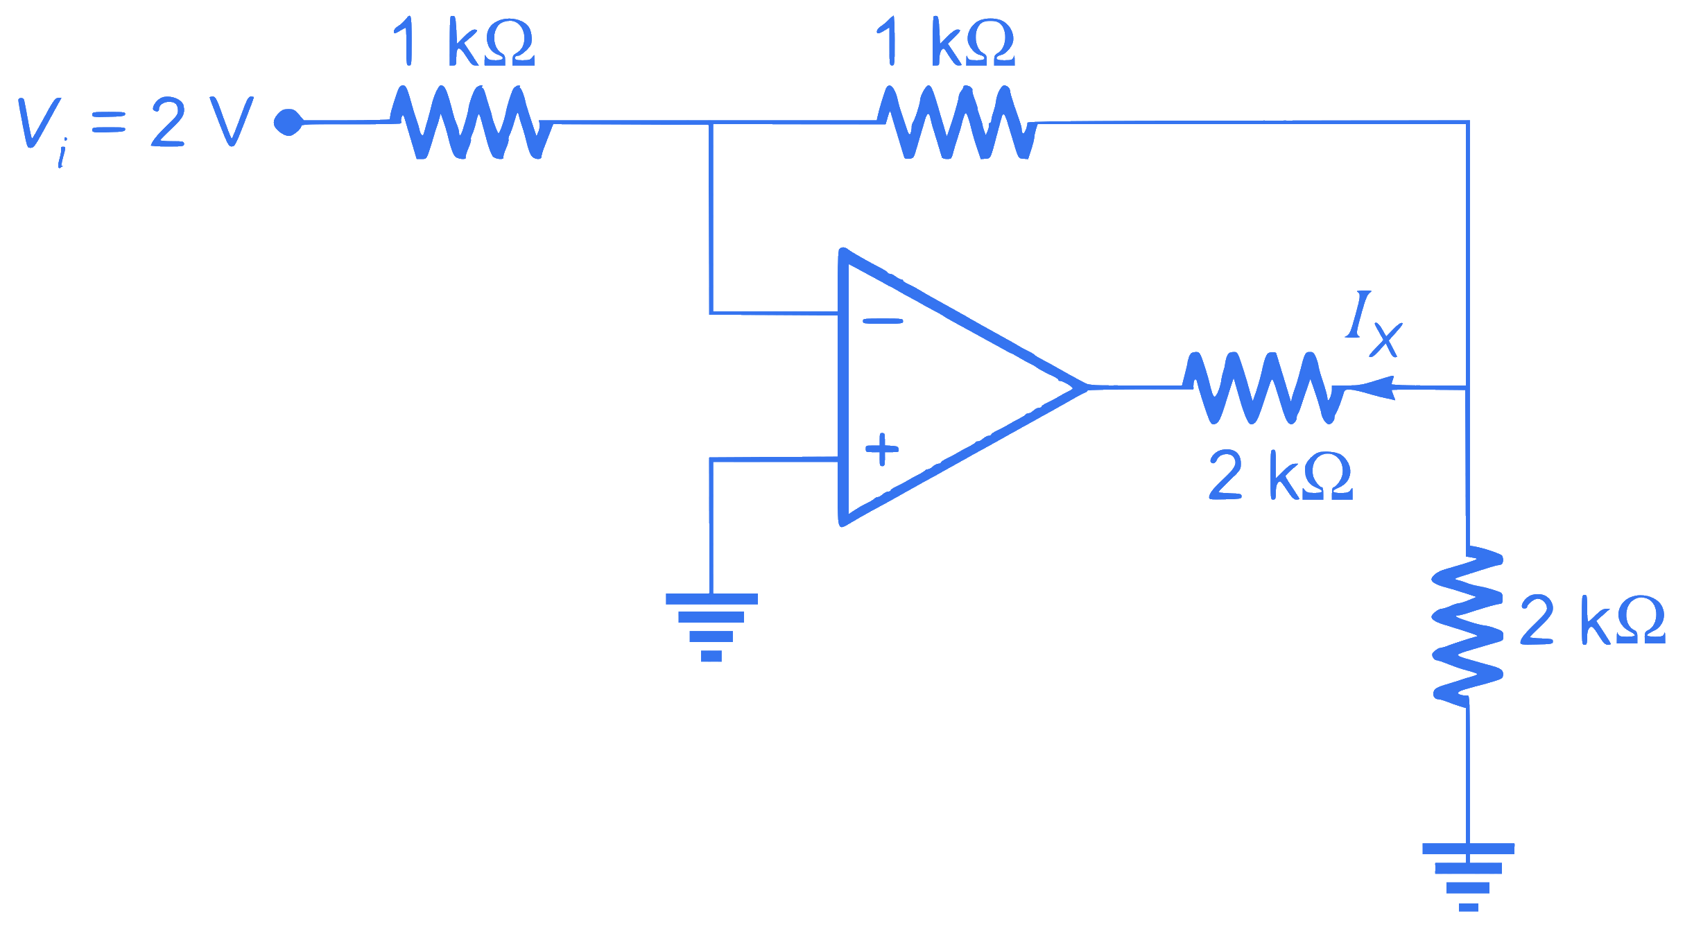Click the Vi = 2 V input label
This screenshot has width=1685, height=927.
(x=135, y=129)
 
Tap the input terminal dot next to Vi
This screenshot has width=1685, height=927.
(x=288, y=123)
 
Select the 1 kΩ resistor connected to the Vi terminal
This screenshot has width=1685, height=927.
(x=472, y=123)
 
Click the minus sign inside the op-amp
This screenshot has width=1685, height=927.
(x=883, y=320)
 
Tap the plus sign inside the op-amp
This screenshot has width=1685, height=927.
(x=882, y=449)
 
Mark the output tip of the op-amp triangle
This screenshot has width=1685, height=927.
(x=1087, y=387)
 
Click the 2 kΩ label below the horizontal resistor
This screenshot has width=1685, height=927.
(x=1281, y=475)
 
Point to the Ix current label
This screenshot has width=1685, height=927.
(x=1374, y=324)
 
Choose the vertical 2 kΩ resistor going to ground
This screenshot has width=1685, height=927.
(x=1468, y=627)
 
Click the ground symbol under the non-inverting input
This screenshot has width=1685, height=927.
(x=711, y=627)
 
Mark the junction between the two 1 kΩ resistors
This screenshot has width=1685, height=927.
(x=711, y=123)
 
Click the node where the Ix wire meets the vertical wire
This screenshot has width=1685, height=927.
(x=1467, y=388)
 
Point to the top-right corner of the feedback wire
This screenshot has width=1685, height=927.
(x=1468, y=123)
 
